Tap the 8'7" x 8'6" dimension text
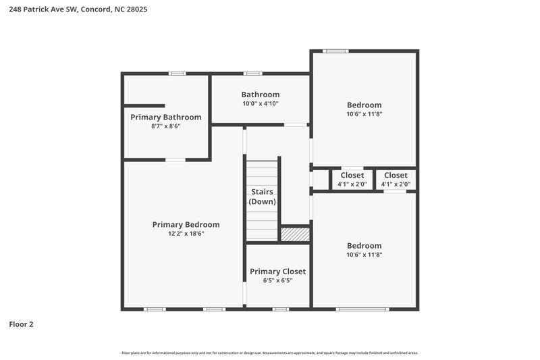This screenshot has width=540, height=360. click(166, 126)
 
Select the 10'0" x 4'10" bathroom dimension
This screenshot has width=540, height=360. click(261, 104)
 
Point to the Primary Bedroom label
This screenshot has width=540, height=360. click(186, 224)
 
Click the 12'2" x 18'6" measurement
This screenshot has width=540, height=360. click(186, 234)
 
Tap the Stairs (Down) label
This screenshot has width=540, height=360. click(262, 197)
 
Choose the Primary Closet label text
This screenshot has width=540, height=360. click(277, 272)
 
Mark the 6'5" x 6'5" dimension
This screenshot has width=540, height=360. click(277, 280)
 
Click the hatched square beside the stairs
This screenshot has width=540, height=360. click(295, 234)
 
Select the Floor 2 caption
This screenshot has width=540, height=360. click(21, 324)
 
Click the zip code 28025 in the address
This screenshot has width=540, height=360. click(135, 9)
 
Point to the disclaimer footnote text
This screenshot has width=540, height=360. click(269, 353)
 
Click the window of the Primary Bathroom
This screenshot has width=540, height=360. click(177, 74)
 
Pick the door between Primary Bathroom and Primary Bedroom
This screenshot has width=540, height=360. click(175, 159)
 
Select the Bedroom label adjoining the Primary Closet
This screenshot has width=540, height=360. click(364, 246)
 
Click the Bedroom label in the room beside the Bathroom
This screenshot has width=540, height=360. click(364, 105)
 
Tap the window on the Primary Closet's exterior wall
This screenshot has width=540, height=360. click(280, 309)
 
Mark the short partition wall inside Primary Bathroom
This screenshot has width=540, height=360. click(144, 105)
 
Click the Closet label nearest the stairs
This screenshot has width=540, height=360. click(352, 176)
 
